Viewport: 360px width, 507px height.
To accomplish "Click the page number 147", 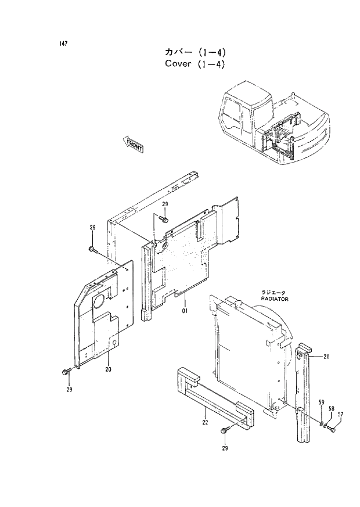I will coord(63,45).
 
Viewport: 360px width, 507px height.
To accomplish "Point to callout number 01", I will coord(185,310).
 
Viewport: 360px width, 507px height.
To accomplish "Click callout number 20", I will coord(108,369).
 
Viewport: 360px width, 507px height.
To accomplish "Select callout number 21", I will coord(326,357).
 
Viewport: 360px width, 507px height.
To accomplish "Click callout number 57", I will coord(341,414).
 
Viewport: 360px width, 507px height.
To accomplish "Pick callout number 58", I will coord(331,409).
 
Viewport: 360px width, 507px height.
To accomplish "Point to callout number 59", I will coord(321,403).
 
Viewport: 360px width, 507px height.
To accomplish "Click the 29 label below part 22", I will coord(225,448).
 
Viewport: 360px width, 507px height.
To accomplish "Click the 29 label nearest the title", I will coord(164,204).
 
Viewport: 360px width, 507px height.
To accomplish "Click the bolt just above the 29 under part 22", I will coord(224,431).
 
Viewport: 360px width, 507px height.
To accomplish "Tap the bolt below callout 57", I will coord(332,430).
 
